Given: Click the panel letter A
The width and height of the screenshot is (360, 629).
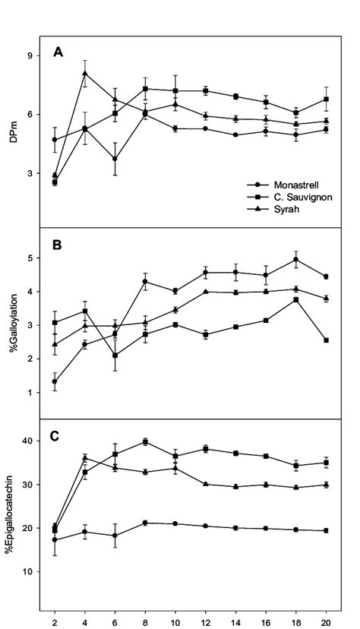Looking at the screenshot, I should click(58, 52).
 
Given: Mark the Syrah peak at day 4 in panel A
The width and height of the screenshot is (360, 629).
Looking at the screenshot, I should click(85, 74).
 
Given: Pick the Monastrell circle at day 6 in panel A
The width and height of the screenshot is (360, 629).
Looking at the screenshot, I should click(115, 159).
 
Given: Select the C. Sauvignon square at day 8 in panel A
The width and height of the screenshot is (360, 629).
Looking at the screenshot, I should click(145, 89).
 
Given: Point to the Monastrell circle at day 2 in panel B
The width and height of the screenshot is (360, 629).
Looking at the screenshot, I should click(55, 382).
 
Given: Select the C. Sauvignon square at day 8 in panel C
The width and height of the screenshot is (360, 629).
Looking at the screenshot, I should click(145, 441).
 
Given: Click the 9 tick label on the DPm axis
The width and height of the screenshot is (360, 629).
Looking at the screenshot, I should click(30, 55).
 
